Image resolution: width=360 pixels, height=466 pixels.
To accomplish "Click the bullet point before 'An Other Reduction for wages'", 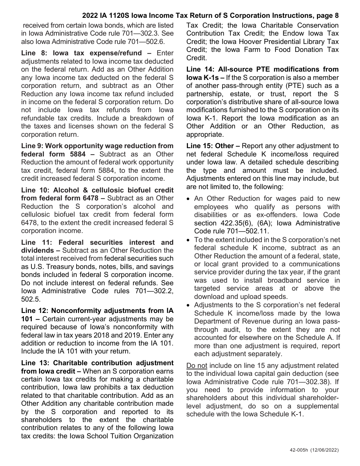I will (189, 199).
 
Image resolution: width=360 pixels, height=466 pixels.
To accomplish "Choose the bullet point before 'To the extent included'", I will (189, 240).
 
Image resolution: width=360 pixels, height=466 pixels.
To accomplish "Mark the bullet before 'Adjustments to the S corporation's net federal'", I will (189, 305).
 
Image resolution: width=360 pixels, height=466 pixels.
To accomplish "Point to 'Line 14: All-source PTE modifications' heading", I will (262, 69).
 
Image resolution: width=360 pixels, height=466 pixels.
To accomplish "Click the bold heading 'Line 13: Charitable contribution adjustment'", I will (97, 363).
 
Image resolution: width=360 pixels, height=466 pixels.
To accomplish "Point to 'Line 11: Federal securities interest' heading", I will (97, 242).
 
